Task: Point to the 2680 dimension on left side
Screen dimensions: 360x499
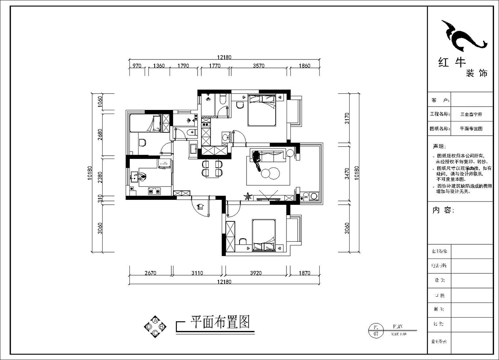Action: tap(100, 134)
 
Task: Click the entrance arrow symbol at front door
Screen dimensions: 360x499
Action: tap(200, 206)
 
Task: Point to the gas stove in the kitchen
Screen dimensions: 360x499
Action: tap(155, 192)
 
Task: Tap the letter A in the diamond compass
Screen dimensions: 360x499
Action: tap(155, 320)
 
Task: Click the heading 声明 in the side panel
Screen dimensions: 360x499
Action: tap(439, 146)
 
